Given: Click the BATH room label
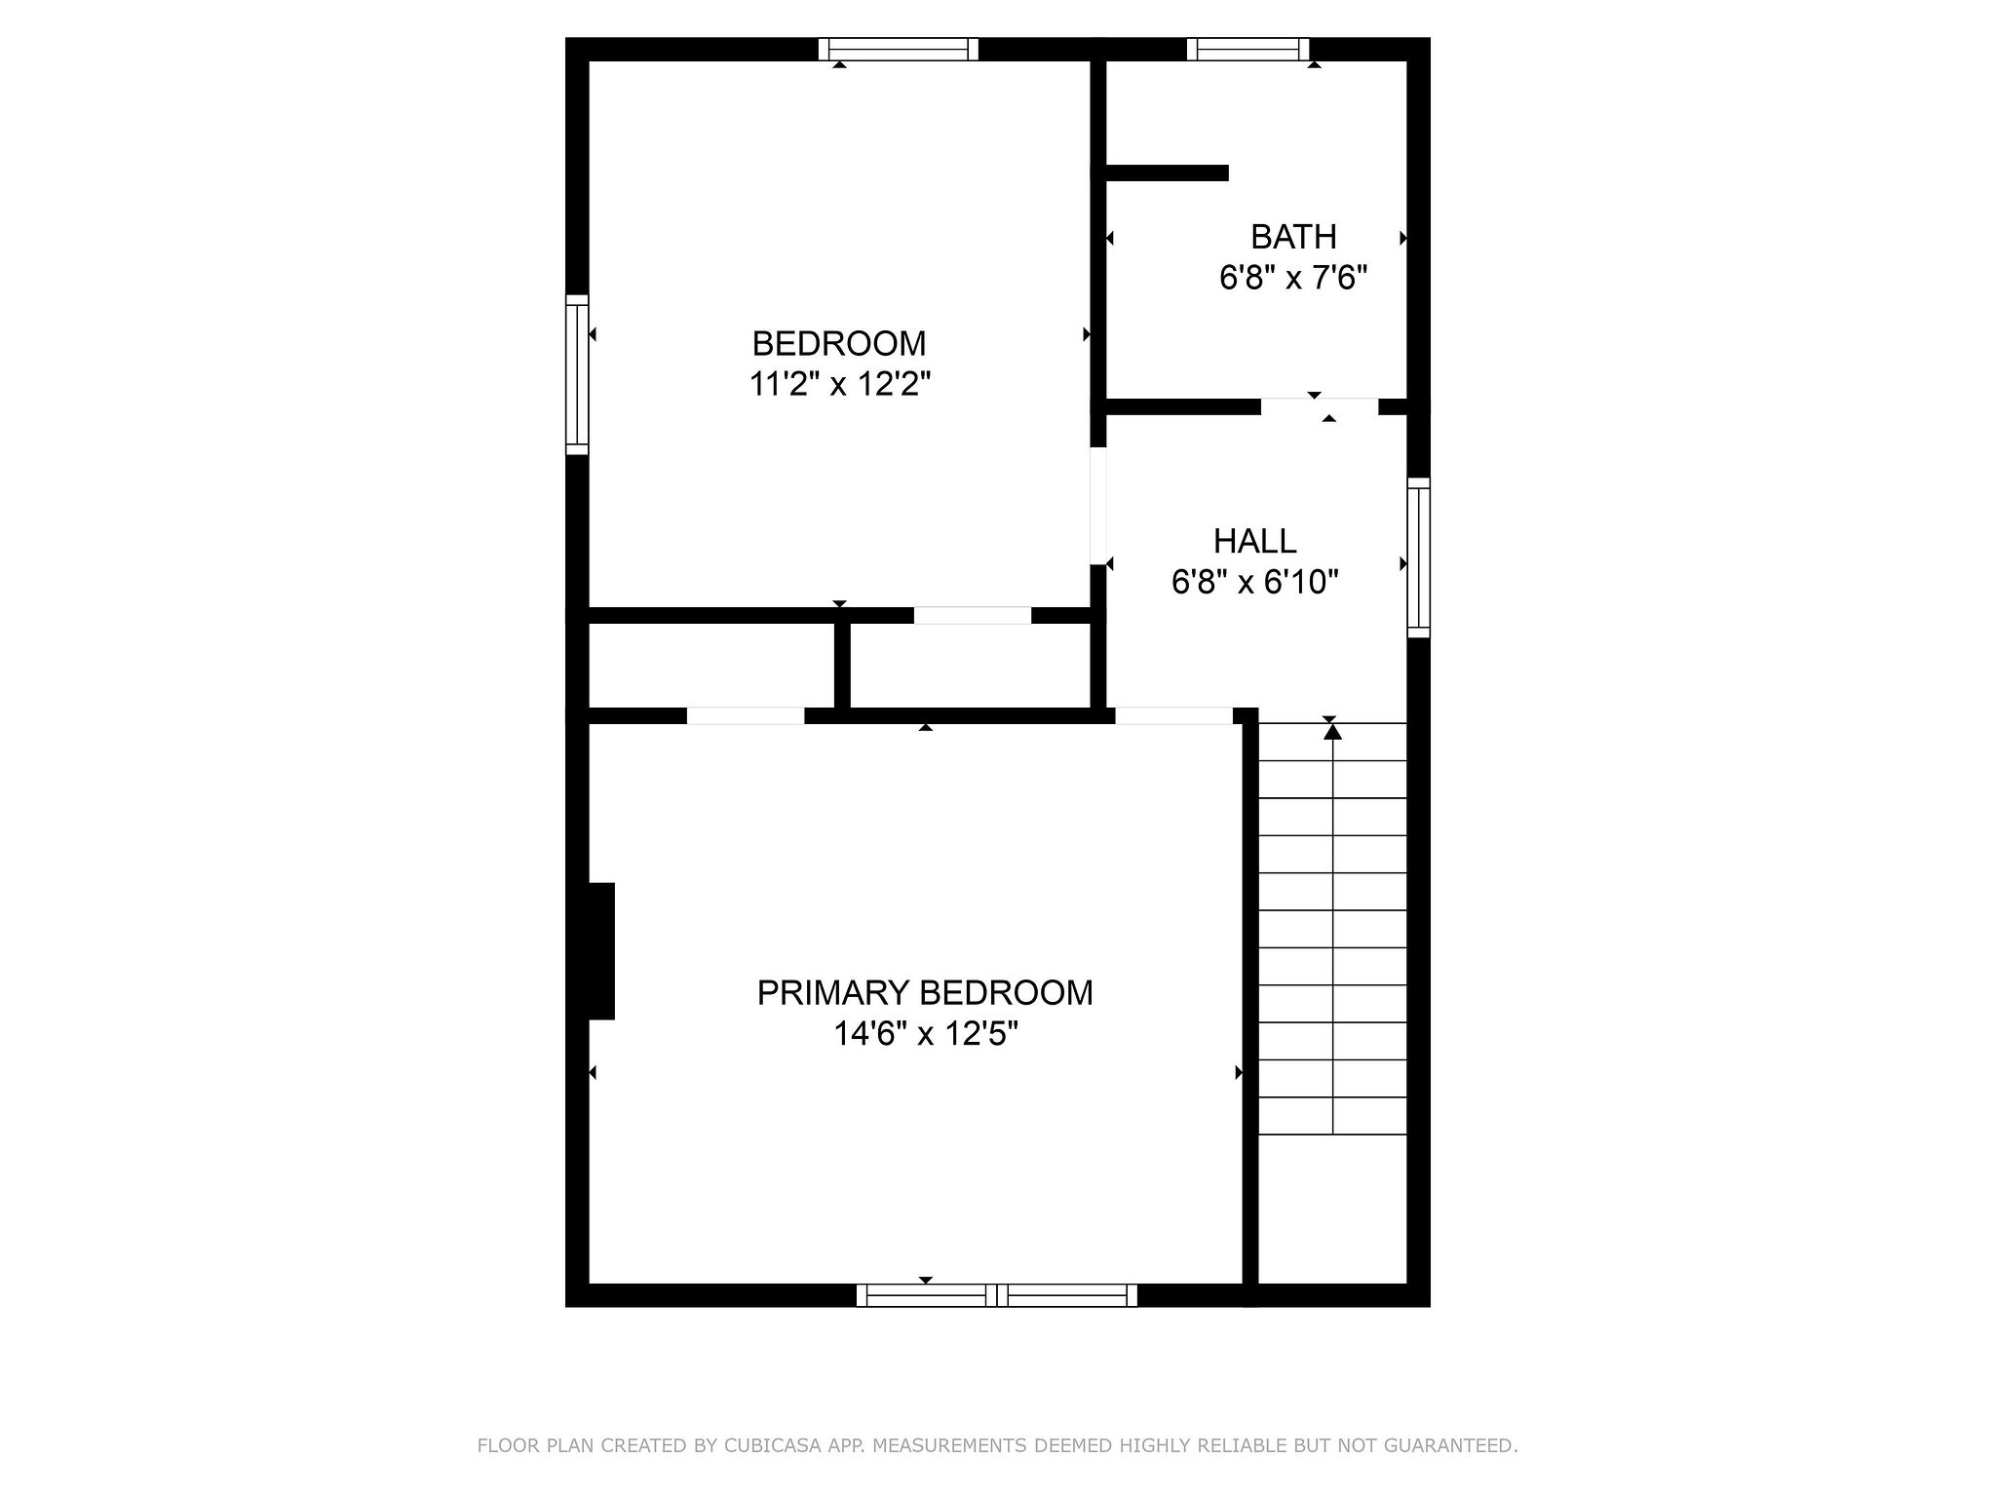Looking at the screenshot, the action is [x=1293, y=237].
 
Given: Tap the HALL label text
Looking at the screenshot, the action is [x=1254, y=541].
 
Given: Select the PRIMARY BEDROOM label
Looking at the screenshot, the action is [x=925, y=993].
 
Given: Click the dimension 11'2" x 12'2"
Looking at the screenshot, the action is [x=840, y=385].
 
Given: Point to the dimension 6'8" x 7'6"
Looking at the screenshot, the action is [x=1293, y=279].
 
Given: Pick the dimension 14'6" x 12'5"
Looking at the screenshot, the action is [x=925, y=1034].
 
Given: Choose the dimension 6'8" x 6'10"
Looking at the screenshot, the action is [x=1254, y=583].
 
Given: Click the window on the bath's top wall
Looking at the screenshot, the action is [x=1247, y=49].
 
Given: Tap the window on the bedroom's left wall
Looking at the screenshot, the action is [x=578, y=374].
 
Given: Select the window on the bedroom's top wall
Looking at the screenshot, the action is [x=898, y=49].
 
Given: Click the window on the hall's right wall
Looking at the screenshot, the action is [x=1419, y=557].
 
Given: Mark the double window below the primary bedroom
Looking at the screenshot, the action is [x=997, y=1295].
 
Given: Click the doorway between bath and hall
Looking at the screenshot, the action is [x=1320, y=406].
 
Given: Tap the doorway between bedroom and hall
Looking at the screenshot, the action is [x=1098, y=506].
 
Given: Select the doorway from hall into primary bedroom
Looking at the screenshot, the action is [x=1174, y=715].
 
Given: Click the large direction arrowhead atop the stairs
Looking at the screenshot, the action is [x=1332, y=730].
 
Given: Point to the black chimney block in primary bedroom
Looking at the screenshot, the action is [x=601, y=951].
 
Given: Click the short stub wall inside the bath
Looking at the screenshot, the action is [x=1168, y=173].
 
